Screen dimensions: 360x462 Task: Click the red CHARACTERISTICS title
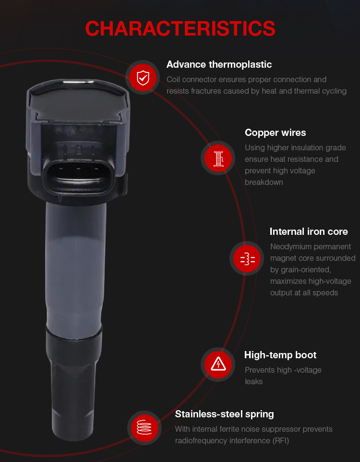click(180, 29)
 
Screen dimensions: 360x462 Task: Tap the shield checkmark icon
click(143, 77)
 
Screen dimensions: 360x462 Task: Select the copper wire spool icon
click(218, 158)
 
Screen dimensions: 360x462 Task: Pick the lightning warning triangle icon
click(218, 365)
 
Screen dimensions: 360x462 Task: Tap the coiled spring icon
click(144, 428)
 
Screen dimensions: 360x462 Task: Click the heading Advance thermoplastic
click(219, 64)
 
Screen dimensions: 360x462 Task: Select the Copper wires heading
click(275, 133)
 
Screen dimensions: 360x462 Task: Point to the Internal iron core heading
click(309, 231)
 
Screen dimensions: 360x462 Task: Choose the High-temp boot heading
click(280, 355)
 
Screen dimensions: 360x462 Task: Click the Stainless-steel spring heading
click(225, 414)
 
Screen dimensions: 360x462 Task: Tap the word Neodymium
click(290, 247)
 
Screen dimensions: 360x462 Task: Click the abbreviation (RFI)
click(280, 440)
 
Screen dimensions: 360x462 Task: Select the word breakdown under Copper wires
click(264, 182)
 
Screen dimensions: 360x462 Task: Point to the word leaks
click(253, 382)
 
